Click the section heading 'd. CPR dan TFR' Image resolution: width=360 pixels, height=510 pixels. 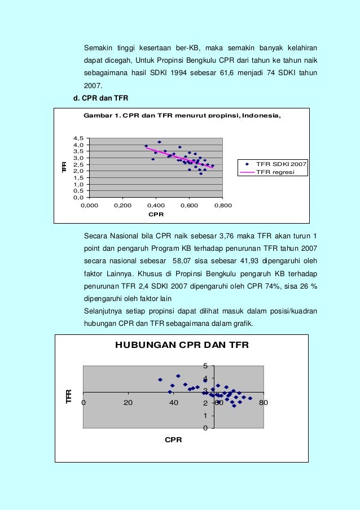[101, 98]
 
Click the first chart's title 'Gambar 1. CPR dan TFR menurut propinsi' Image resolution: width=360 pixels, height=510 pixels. [181, 116]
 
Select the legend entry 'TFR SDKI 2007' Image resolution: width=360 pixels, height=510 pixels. [281, 164]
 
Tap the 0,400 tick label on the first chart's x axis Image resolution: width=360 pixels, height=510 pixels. [155, 206]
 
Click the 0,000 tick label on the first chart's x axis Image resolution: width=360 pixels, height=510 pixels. [89, 206]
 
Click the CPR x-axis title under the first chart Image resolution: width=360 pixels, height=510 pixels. [156, 215]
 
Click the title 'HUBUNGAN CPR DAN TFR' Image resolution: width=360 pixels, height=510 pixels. [182, 345]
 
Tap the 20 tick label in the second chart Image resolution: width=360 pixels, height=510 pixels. [128, 403]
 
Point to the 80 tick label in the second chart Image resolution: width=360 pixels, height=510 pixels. [262, 403]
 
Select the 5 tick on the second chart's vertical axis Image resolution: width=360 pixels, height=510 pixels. [205, 366]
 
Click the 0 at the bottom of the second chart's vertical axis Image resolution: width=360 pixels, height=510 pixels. [205, 428]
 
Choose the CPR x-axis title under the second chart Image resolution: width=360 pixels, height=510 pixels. [173, 439]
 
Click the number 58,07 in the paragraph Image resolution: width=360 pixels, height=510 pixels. [184, 261]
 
